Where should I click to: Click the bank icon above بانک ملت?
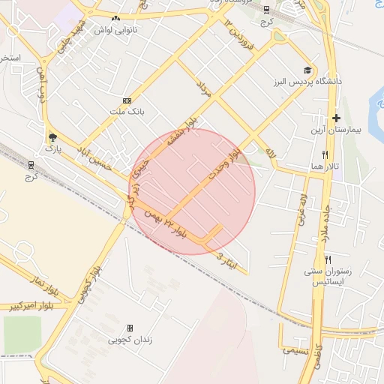click(x=126, y=100)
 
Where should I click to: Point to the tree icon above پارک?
click(x=52, y=136)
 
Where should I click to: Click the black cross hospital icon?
click(x=336, y=118)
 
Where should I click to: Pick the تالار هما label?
click(x=327, y=166)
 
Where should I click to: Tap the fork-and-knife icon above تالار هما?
click(x=325, y=154)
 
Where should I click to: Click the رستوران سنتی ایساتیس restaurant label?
click(x=325, y=276)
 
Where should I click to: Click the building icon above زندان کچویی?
click(x=130, y=328)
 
